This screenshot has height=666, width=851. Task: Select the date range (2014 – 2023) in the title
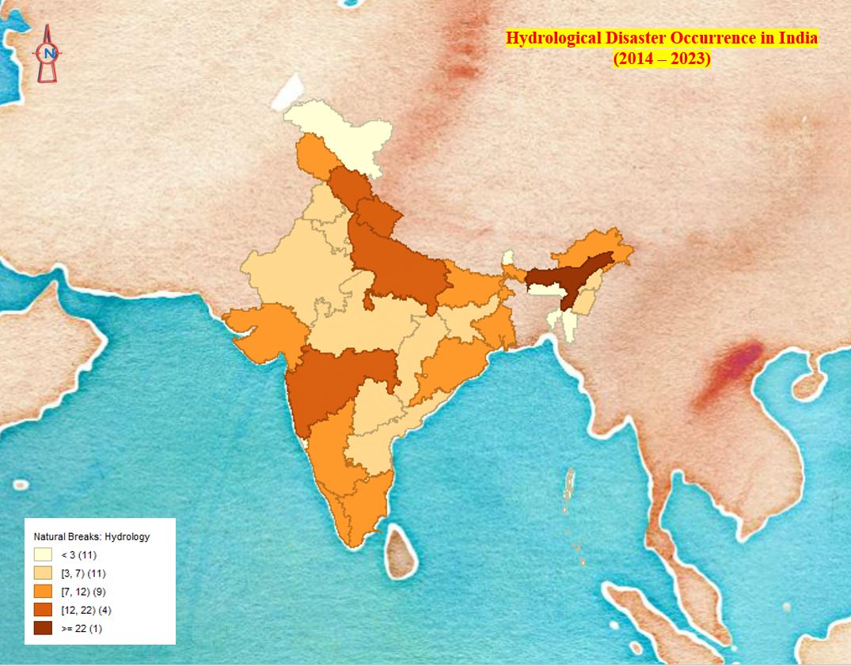[x=662, y=59]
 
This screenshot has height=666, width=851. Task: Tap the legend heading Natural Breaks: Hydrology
[x=91, y=536]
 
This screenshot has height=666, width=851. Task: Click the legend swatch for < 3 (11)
[x=43, y=554]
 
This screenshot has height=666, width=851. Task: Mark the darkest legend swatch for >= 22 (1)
[x=43, y=628]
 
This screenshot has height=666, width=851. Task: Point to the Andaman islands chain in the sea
[x=568, y=486]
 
